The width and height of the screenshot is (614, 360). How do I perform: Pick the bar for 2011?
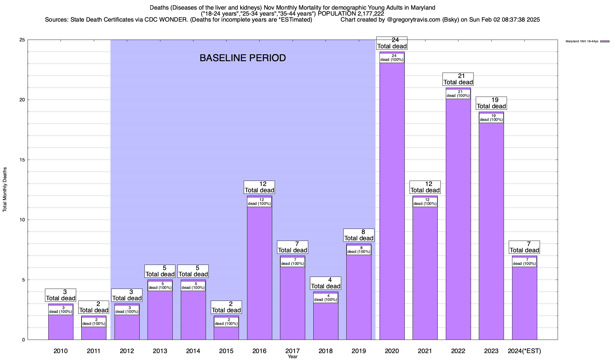tap(94, 333)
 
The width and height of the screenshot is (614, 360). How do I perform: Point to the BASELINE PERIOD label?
tap(243, 58)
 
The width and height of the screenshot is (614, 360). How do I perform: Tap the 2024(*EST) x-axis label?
tap(524, 351)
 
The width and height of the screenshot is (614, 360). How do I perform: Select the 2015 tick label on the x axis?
tap(226, 351)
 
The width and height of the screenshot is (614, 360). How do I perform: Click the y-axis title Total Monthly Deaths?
tap(5, 190)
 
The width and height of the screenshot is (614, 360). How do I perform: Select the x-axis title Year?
tap(292, 356)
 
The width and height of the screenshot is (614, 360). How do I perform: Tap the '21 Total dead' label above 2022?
tap(458, 79)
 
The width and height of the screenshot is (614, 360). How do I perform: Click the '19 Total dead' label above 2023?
tap(491, 103)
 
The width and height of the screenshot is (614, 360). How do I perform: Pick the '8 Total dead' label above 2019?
tap(359, 235)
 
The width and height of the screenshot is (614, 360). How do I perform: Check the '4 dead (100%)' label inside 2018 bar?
tap(326, 298)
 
